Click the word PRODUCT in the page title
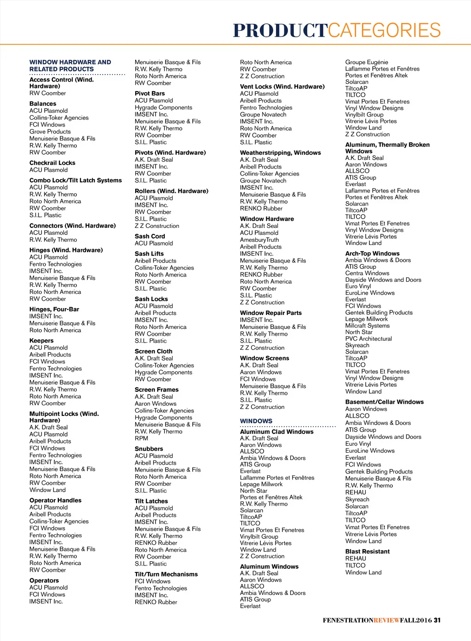280,30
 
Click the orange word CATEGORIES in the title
385,30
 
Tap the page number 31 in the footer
437,620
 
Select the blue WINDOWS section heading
256,421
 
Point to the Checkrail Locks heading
52,163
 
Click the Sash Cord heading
150,236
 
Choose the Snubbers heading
149,449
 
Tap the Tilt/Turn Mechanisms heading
167,574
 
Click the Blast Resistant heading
368,552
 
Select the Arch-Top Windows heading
373,254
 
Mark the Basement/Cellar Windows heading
385,402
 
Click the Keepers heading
41,341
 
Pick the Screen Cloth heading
154,351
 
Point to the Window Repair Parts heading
271,313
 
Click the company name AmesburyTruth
259,240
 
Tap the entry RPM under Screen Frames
142,438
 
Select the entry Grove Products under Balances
50,132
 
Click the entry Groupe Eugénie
367,62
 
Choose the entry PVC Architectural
368,339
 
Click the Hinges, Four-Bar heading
54,309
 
